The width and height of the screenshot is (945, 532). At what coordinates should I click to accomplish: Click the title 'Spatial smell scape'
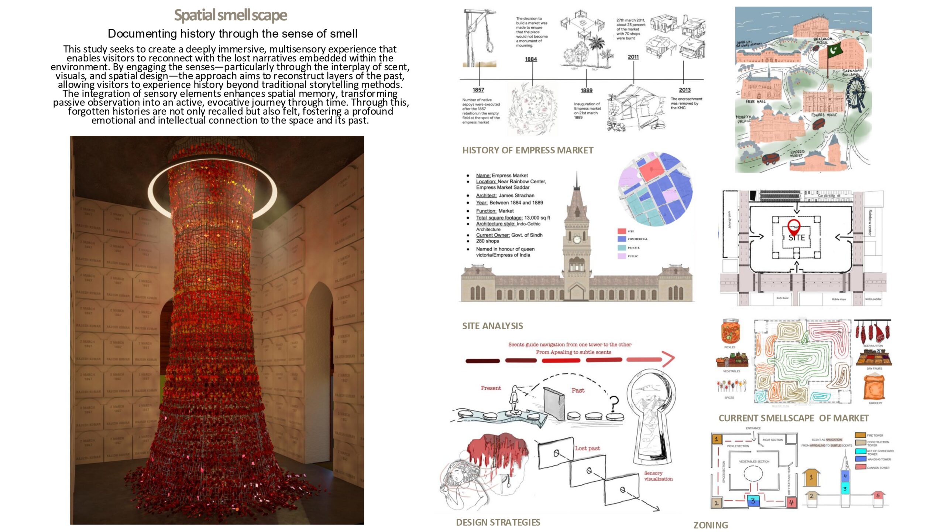[230, 16]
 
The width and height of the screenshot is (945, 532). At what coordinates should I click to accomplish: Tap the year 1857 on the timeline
[478, 90]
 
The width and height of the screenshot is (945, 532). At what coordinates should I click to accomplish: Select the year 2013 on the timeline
[684, 90]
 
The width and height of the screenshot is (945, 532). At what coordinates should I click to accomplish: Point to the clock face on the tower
[577, 239]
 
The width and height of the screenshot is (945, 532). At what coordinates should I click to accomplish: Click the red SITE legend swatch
[622, 231]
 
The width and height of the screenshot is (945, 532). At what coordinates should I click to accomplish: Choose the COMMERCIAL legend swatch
[622, 239]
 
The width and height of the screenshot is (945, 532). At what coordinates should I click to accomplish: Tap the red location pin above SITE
[794, 226]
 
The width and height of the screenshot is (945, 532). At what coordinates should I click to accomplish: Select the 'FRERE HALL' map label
[755, 101]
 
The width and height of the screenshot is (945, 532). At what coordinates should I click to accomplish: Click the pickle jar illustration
[730, 331]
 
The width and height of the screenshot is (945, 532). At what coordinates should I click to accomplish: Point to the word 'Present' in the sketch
[491, 388]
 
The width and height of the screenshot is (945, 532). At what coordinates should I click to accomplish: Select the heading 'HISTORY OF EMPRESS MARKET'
[528, 150]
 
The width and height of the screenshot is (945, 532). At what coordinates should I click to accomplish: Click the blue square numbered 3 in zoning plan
[753, 501]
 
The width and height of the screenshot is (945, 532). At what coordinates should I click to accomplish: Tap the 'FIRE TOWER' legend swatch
[860, 435]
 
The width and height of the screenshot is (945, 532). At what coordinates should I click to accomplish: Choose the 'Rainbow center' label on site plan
[870, 222]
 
